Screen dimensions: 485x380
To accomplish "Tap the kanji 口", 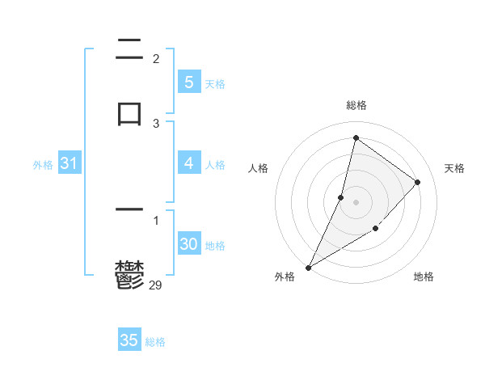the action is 129,112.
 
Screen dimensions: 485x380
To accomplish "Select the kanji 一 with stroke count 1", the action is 129,209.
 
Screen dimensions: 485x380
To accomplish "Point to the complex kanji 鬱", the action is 129,274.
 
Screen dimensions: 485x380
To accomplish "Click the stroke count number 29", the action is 156,285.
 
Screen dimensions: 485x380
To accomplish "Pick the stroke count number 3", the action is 156,123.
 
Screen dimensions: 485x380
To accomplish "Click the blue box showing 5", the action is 188,82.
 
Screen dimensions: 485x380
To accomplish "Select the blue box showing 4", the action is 188,163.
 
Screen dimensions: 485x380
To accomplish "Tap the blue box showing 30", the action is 188,244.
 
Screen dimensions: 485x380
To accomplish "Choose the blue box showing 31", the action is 69,163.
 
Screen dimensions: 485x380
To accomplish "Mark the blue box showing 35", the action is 129,340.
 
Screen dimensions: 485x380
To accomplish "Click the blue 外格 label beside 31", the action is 43,164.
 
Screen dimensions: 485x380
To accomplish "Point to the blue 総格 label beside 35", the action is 155,342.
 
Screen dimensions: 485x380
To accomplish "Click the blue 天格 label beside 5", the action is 215,83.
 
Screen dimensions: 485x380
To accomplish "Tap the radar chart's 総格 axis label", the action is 356,105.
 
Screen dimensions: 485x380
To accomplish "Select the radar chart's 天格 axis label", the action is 454,168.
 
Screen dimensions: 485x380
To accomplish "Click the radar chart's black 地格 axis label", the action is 424,277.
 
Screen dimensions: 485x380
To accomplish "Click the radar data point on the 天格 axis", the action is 418,182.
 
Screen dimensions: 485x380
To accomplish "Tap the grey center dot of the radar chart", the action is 356,202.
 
